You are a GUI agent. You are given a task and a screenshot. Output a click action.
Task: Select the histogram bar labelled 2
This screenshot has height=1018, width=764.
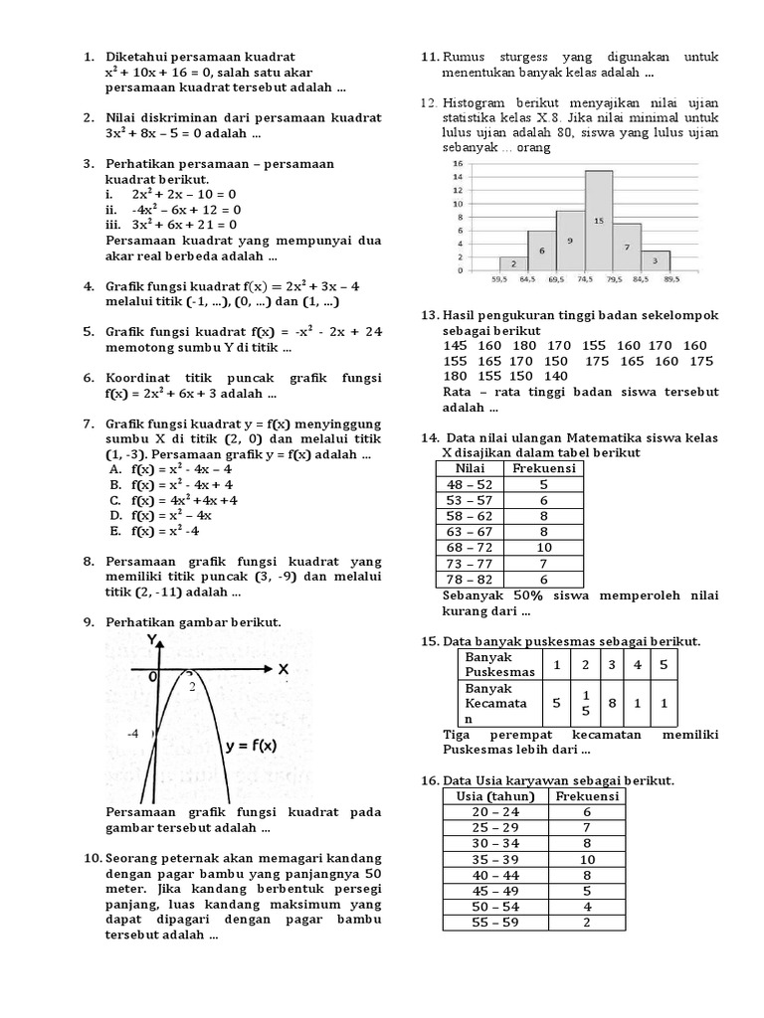pos(512,263)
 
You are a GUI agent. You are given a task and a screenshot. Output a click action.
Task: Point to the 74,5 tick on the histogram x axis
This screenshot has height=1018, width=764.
pos(584,280)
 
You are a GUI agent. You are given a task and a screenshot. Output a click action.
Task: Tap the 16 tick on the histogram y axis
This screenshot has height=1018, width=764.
pos(458,163)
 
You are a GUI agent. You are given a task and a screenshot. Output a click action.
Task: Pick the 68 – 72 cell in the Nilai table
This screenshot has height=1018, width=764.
pos(472,547)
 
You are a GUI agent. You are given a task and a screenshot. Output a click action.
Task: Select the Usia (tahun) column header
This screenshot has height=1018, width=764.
pos(495,796)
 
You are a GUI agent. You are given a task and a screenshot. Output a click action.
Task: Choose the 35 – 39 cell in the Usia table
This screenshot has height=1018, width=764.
pos(495,859)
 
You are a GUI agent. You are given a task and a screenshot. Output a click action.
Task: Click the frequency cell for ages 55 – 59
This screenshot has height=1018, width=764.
pos(587,922)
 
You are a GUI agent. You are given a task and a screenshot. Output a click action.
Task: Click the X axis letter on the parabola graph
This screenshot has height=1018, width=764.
pos(283,670)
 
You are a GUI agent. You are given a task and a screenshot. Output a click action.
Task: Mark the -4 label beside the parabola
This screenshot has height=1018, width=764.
pos(132,735)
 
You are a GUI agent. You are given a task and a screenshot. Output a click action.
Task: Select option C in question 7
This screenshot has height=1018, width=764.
pos(174,500)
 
